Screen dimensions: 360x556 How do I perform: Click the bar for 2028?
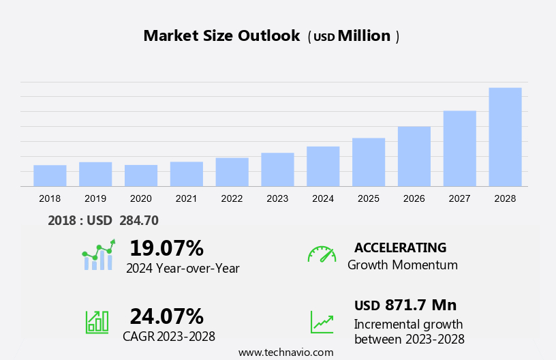coord(505,136)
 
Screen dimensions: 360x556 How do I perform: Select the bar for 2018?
coord(50,175)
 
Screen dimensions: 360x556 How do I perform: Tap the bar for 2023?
coord(277,169)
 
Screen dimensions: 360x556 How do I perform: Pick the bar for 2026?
coord(414,156)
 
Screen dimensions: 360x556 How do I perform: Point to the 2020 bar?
coord(141,175)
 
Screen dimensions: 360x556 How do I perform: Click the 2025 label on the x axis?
coord(369,198)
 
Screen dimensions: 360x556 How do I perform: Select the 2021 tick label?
coord(186,198)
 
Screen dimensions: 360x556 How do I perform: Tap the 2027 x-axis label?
coord(459,198)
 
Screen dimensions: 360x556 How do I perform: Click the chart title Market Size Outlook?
coord(221,36)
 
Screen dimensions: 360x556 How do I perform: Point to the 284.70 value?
coord(138,220)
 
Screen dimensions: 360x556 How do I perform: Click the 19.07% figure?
coord(166,247)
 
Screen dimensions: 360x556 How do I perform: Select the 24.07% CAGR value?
coord(166,316)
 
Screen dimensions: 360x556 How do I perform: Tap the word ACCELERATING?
coord(400,247)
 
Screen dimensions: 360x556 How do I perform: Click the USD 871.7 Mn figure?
coord(405,305)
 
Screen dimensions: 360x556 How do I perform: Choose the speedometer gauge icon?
coord(322,254)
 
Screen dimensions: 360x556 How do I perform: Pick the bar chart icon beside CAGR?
coord(97,321)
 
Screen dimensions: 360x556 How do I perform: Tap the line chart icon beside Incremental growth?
coord(322,322)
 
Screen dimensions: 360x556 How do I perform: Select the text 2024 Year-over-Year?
coord(183,268)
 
